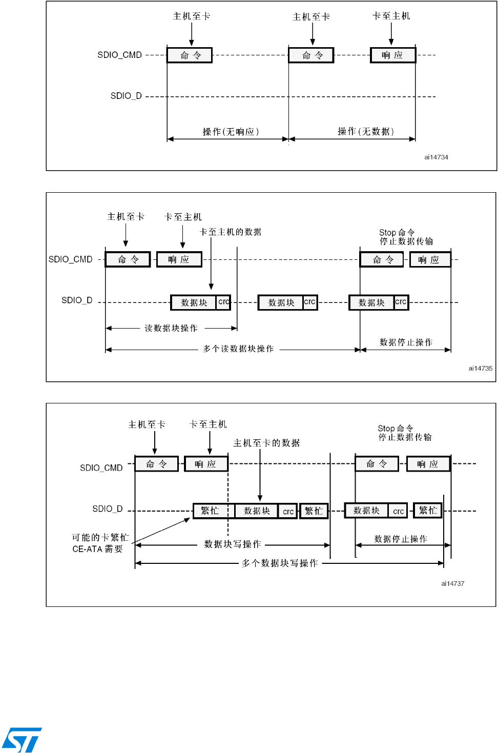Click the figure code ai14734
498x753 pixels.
pyautogui.click(x=436, y=157)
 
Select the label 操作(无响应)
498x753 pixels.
pyautogui.click(x=231, y=132)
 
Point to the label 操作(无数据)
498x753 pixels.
pyautogui.click(x=366, y=131)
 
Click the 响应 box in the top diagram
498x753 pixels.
pyautogui.click(x=393, y=55)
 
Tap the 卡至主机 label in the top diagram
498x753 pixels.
pyautogui.click(x=391, y=16)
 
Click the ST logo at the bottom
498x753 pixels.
pyautogui.click(x=22, y=739)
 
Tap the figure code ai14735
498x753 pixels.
pyautogui.click(x=480, y=368)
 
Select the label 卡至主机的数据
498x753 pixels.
pyautogui.click(x=231, y=232)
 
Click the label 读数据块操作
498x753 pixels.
pyautogui.click(x=171, y=328)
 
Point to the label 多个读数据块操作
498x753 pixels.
pyautogui.click(x=238, y=349)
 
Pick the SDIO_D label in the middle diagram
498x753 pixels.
pyautogui.click(x=77, y=300)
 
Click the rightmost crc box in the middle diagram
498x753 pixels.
pyautogui.click(x=401, y=302)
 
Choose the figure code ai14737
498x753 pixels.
pyautogui.click(x=452, y=583)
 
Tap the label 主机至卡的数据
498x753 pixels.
pyautogui.click(x=266, y=443)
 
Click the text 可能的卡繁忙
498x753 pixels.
pyautogui.click(x=100, y=537)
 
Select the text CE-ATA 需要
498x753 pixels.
pyautogui.click(x=97, y=549)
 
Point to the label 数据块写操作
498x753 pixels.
pyautogui.click(x=233, y=544)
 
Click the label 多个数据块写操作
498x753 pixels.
pyautogui.click(x=280, y=563)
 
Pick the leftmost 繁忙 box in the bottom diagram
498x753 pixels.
pyautogui.click(x=210, y=511)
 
